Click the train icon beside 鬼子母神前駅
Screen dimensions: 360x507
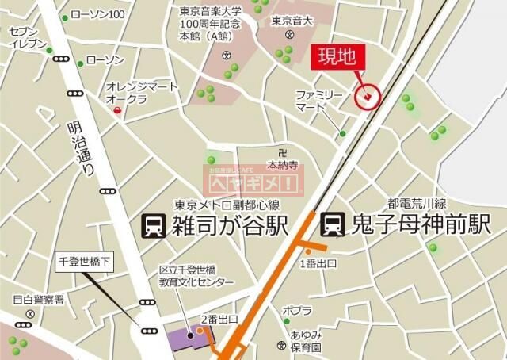click(331, 225)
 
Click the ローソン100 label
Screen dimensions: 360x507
click(97, 15)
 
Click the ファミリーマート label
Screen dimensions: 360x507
click(320, 101)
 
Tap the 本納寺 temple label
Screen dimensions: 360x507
click(281, 166)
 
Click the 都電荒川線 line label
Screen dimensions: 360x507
click(416, 202)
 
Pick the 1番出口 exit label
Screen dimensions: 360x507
click(318, 262)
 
